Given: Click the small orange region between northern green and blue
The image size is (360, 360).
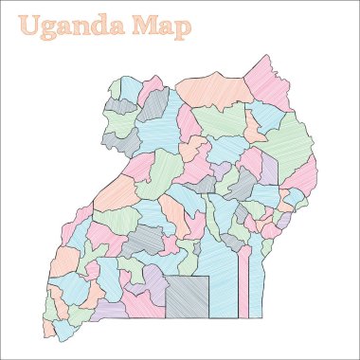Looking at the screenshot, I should coord(251,127).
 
